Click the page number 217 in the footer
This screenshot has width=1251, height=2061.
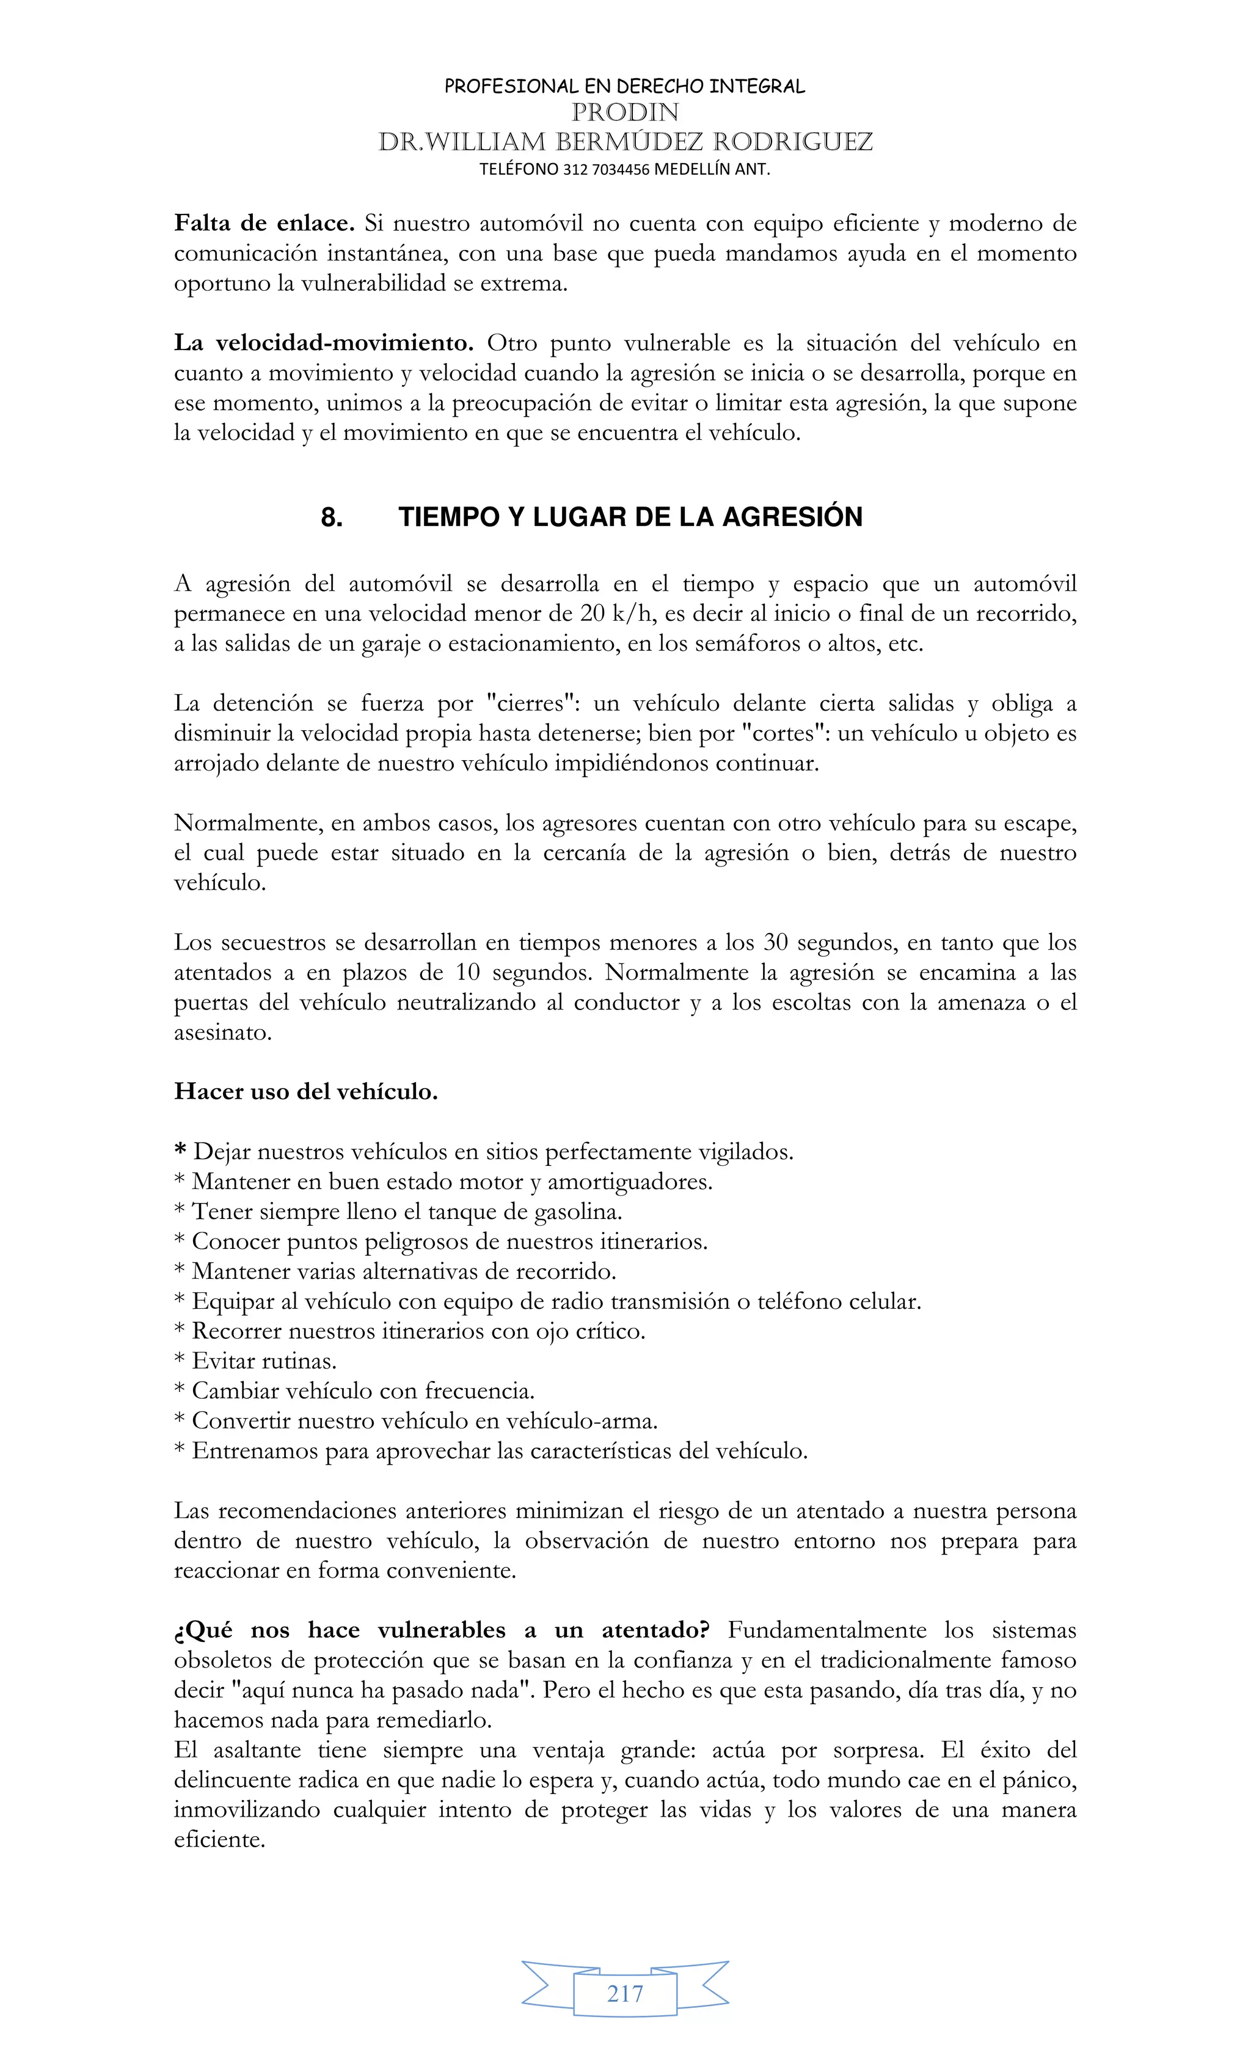[625, 1993]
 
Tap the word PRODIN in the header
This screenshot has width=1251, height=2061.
[625, 112]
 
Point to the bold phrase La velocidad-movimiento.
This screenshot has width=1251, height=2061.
[324, 343]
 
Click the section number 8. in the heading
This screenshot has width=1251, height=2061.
[331, 517]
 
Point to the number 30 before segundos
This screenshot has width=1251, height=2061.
[775, 943]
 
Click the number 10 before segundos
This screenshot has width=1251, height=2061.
[469, 973]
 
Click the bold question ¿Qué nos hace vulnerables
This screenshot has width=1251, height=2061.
[442, 1630]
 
